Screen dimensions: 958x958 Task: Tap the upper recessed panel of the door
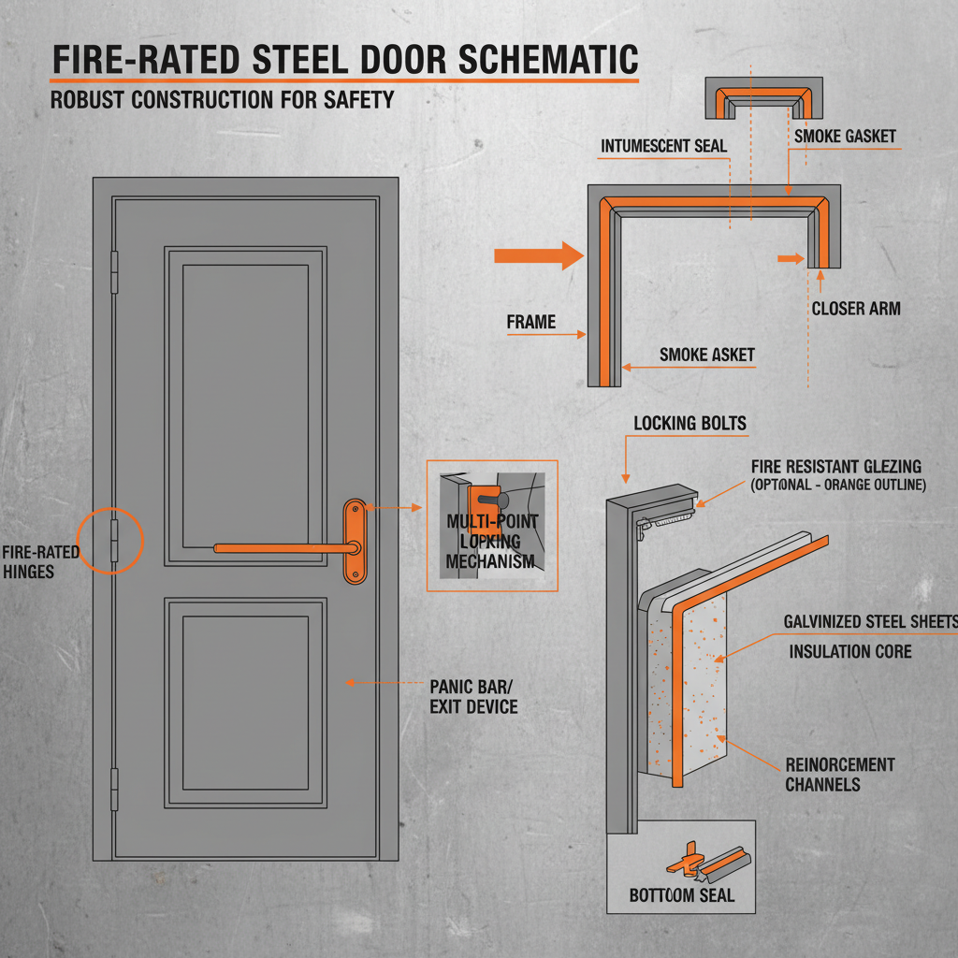(245, 406)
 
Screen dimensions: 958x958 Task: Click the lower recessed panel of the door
(245, 702)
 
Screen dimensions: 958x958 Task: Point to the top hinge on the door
(115, 270)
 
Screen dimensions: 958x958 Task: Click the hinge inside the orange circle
(115, 541)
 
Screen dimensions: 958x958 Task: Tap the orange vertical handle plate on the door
(355, 541)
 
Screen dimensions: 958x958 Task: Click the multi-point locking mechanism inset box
(491, 526)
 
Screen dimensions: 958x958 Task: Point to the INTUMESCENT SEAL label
(663, 147)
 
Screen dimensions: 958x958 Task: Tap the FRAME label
(530, 322)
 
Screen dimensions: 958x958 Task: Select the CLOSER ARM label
(856, 308)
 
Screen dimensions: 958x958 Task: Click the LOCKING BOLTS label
(689, 423)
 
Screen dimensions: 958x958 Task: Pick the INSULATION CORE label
(849, 651)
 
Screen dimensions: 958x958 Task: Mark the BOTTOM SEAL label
(681, 895)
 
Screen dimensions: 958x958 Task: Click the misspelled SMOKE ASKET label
(706, 355)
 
